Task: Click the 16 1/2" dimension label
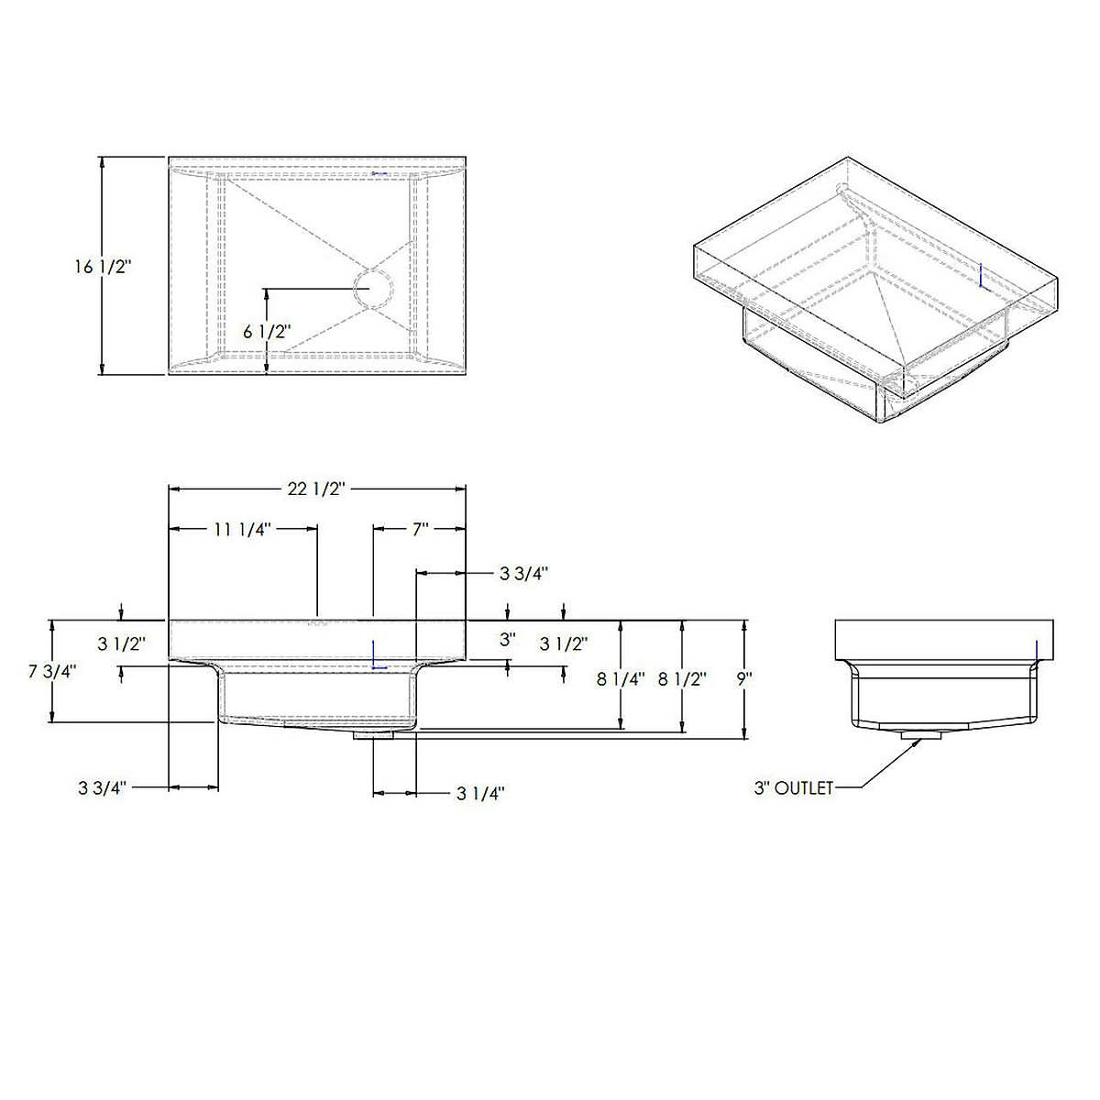coord(103,267)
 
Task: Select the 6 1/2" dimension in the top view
coord(267,332)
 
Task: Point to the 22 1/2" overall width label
coord(315,489)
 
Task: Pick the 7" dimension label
coord(421,529)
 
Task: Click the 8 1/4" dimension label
coord(621,679)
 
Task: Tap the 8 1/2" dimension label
coord(682,679)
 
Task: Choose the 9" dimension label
coord(743,679)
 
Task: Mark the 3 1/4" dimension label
coord(481,794)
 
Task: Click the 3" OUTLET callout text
coord(794,787)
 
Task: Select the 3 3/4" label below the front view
coord(103,787)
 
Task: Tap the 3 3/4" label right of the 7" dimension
coord(523,574)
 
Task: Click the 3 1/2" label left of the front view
coord(121,643)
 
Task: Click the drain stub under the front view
coord(375,733)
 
